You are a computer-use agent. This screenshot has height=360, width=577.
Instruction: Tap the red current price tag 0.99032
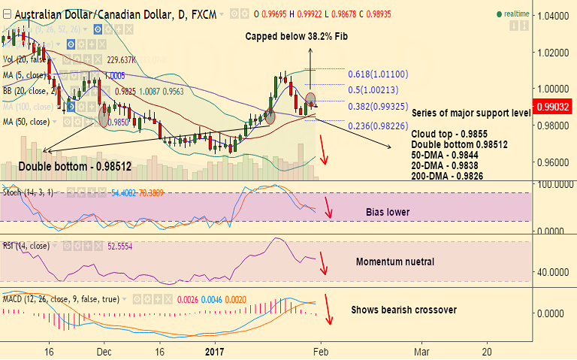[554, 108]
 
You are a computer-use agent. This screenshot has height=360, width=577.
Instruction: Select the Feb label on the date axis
[321, 351]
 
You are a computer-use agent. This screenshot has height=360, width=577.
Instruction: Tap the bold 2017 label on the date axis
[216, 351]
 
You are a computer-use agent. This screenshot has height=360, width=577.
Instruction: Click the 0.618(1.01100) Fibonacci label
[378, 74]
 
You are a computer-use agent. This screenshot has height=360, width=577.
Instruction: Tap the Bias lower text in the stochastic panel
[388, 212]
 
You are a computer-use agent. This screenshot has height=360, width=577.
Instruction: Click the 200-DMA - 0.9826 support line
[447, 176]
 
